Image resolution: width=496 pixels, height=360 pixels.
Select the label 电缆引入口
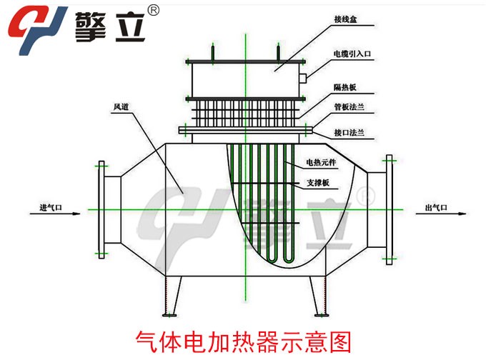tap(351, 54)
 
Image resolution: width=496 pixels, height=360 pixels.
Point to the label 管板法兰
tap(349, 107)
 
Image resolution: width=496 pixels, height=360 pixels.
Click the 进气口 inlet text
tap(51, 208)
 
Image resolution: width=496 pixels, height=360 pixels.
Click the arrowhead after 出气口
tap(463, 211)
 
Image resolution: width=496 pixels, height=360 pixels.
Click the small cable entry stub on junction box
tap(304, 75)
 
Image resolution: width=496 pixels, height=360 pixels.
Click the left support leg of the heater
tap(170, 297)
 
